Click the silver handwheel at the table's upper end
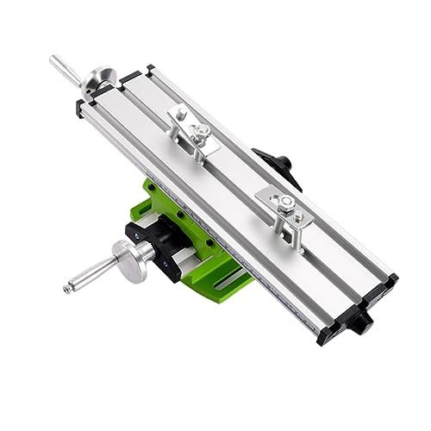(x=99, y=79)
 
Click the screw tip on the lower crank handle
(x=67, y=290)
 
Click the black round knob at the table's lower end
(x=362, y=322)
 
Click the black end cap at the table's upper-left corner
(x=83, y=107)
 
